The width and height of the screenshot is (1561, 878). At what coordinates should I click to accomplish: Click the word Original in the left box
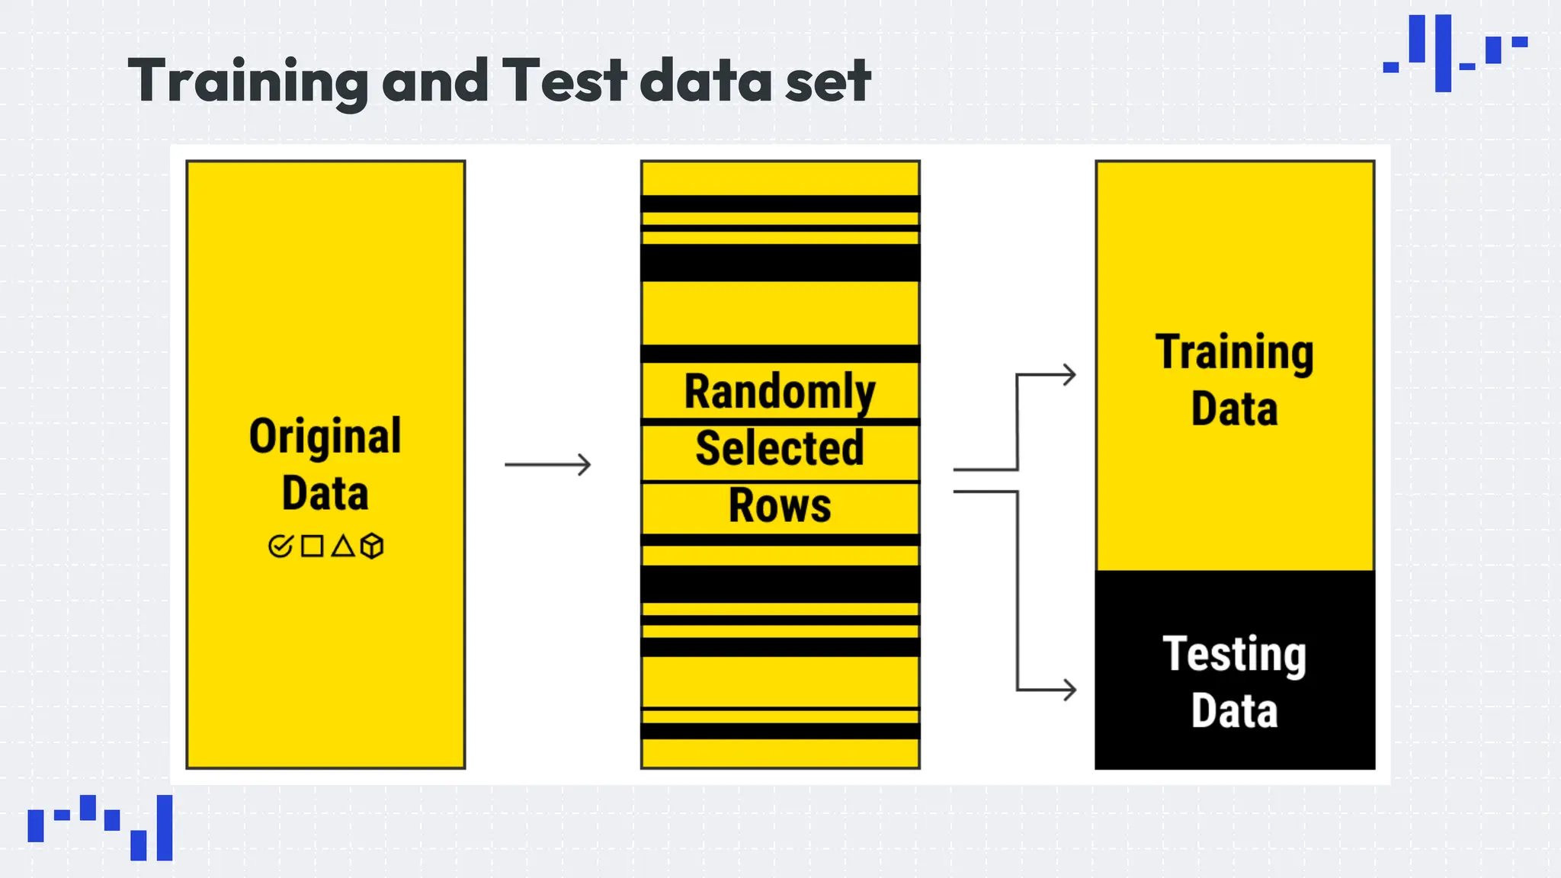click(325, 437)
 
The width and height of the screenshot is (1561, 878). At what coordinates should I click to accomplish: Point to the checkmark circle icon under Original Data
click(280, 546)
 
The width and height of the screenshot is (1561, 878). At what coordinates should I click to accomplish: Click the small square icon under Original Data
click(312, 546)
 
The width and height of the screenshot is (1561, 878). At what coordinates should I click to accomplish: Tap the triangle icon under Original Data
click(343, 546)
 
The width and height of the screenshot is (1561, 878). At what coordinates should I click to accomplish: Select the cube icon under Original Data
click(372, 546)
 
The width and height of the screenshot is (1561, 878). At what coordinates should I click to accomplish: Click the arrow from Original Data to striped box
click(548, 464)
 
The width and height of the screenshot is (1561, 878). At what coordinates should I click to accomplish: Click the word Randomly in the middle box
click(780, 392)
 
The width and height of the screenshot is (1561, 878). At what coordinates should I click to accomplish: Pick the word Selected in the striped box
click(780, 448)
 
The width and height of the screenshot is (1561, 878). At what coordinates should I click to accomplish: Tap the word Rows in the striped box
click(780, 505)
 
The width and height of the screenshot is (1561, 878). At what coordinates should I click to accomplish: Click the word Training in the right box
click(1235, 353)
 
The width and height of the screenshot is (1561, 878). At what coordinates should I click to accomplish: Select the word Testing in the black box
click(1235, 655)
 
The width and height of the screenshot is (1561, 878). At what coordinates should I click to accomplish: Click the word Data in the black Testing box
click(1235, 711)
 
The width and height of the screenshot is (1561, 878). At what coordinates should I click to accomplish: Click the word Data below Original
click(325, 493)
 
